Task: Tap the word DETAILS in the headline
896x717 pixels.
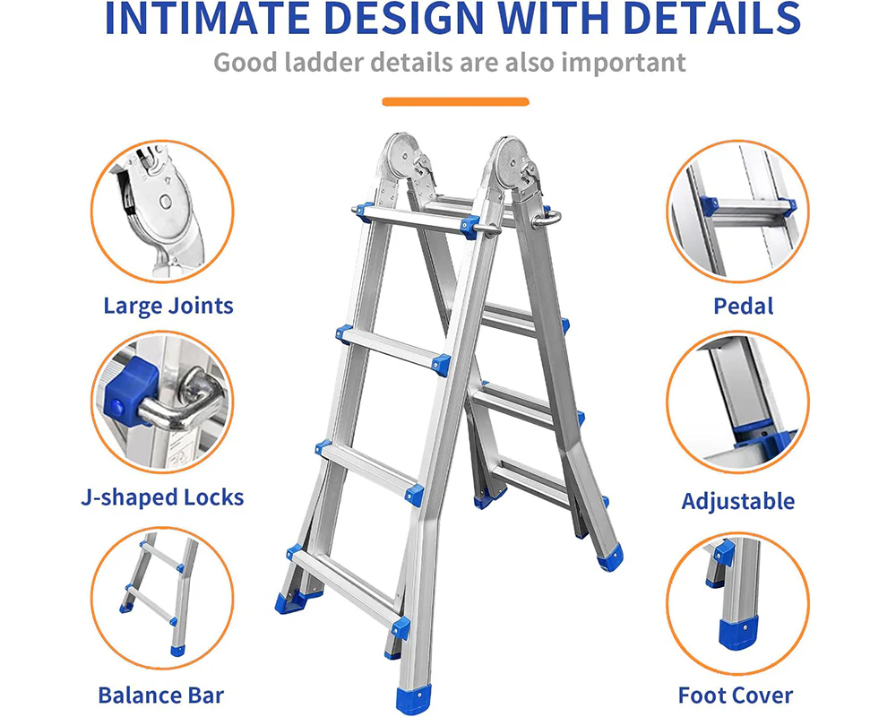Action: coord(712,18)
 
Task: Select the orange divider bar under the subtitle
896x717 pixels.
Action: coord(455,102)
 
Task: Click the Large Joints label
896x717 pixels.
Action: coord(168,306)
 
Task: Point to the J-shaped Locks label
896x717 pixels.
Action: coord(162,497)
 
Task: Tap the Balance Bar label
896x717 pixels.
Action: coord(161,695)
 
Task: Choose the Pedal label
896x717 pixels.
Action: coord(744,306)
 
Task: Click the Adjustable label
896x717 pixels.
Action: coord(737,501)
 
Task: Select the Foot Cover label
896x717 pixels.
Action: coord(736,695)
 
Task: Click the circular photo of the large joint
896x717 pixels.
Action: coord(162,212)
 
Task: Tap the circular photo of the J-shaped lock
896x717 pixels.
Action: coord(162,402)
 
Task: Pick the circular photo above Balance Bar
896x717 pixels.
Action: coord(162,598)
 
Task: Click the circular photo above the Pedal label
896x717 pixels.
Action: coord(737,211)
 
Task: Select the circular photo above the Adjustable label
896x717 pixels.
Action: coord(737,402)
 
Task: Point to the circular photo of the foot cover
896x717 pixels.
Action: coord(737,604)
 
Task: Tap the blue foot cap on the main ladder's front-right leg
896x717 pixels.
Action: coord(412,701)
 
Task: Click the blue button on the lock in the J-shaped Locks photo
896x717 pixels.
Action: coord(116,408)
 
